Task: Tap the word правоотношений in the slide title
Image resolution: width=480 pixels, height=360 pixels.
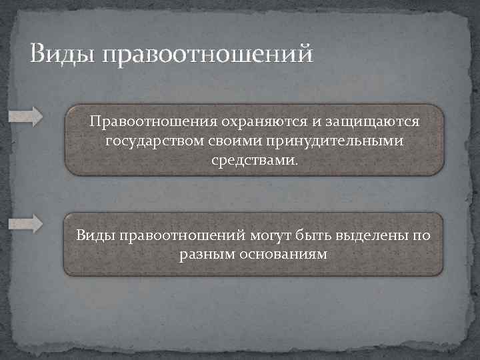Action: tap(207, 55)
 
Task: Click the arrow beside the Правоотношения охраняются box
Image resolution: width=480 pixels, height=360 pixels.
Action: tap(25, 115)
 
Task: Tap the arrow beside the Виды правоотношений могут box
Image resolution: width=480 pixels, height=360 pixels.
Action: tap(25, 225)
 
